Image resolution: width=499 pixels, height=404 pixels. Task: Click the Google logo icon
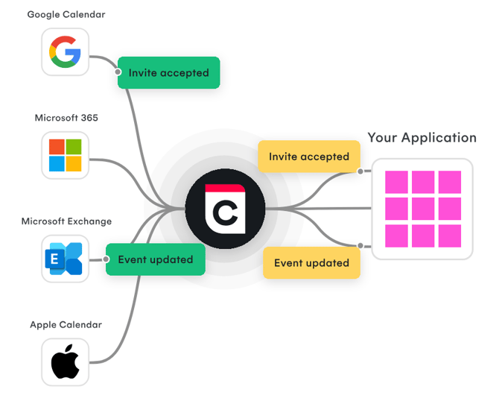pos(65,51)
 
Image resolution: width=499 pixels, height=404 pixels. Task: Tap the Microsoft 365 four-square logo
pos(65,155)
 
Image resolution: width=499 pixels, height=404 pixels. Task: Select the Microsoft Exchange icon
pos(65,259)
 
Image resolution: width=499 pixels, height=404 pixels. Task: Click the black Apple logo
pos(65,362)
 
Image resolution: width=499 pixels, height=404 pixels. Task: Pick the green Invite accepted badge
pos(168,73)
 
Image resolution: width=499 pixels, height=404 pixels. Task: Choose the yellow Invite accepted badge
pos(309,157)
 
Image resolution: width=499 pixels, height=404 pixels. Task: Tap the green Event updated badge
pos(156,259)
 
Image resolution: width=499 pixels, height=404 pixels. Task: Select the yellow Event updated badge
pos(311,262)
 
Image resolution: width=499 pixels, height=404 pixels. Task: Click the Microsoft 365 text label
pos(66,118)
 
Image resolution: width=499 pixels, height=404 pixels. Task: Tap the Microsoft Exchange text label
pos(66,221)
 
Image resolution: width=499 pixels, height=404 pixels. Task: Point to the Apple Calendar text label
pos(66,325)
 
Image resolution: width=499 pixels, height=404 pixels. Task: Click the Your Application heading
pos(422,138)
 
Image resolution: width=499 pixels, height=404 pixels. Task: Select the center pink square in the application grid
pos(422,209)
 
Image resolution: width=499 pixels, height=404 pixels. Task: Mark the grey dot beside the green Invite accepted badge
pos(118,72)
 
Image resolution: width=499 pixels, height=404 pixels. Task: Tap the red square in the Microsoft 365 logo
pos(57,146)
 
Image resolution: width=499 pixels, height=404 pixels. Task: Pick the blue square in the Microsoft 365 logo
pos(57,163)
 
